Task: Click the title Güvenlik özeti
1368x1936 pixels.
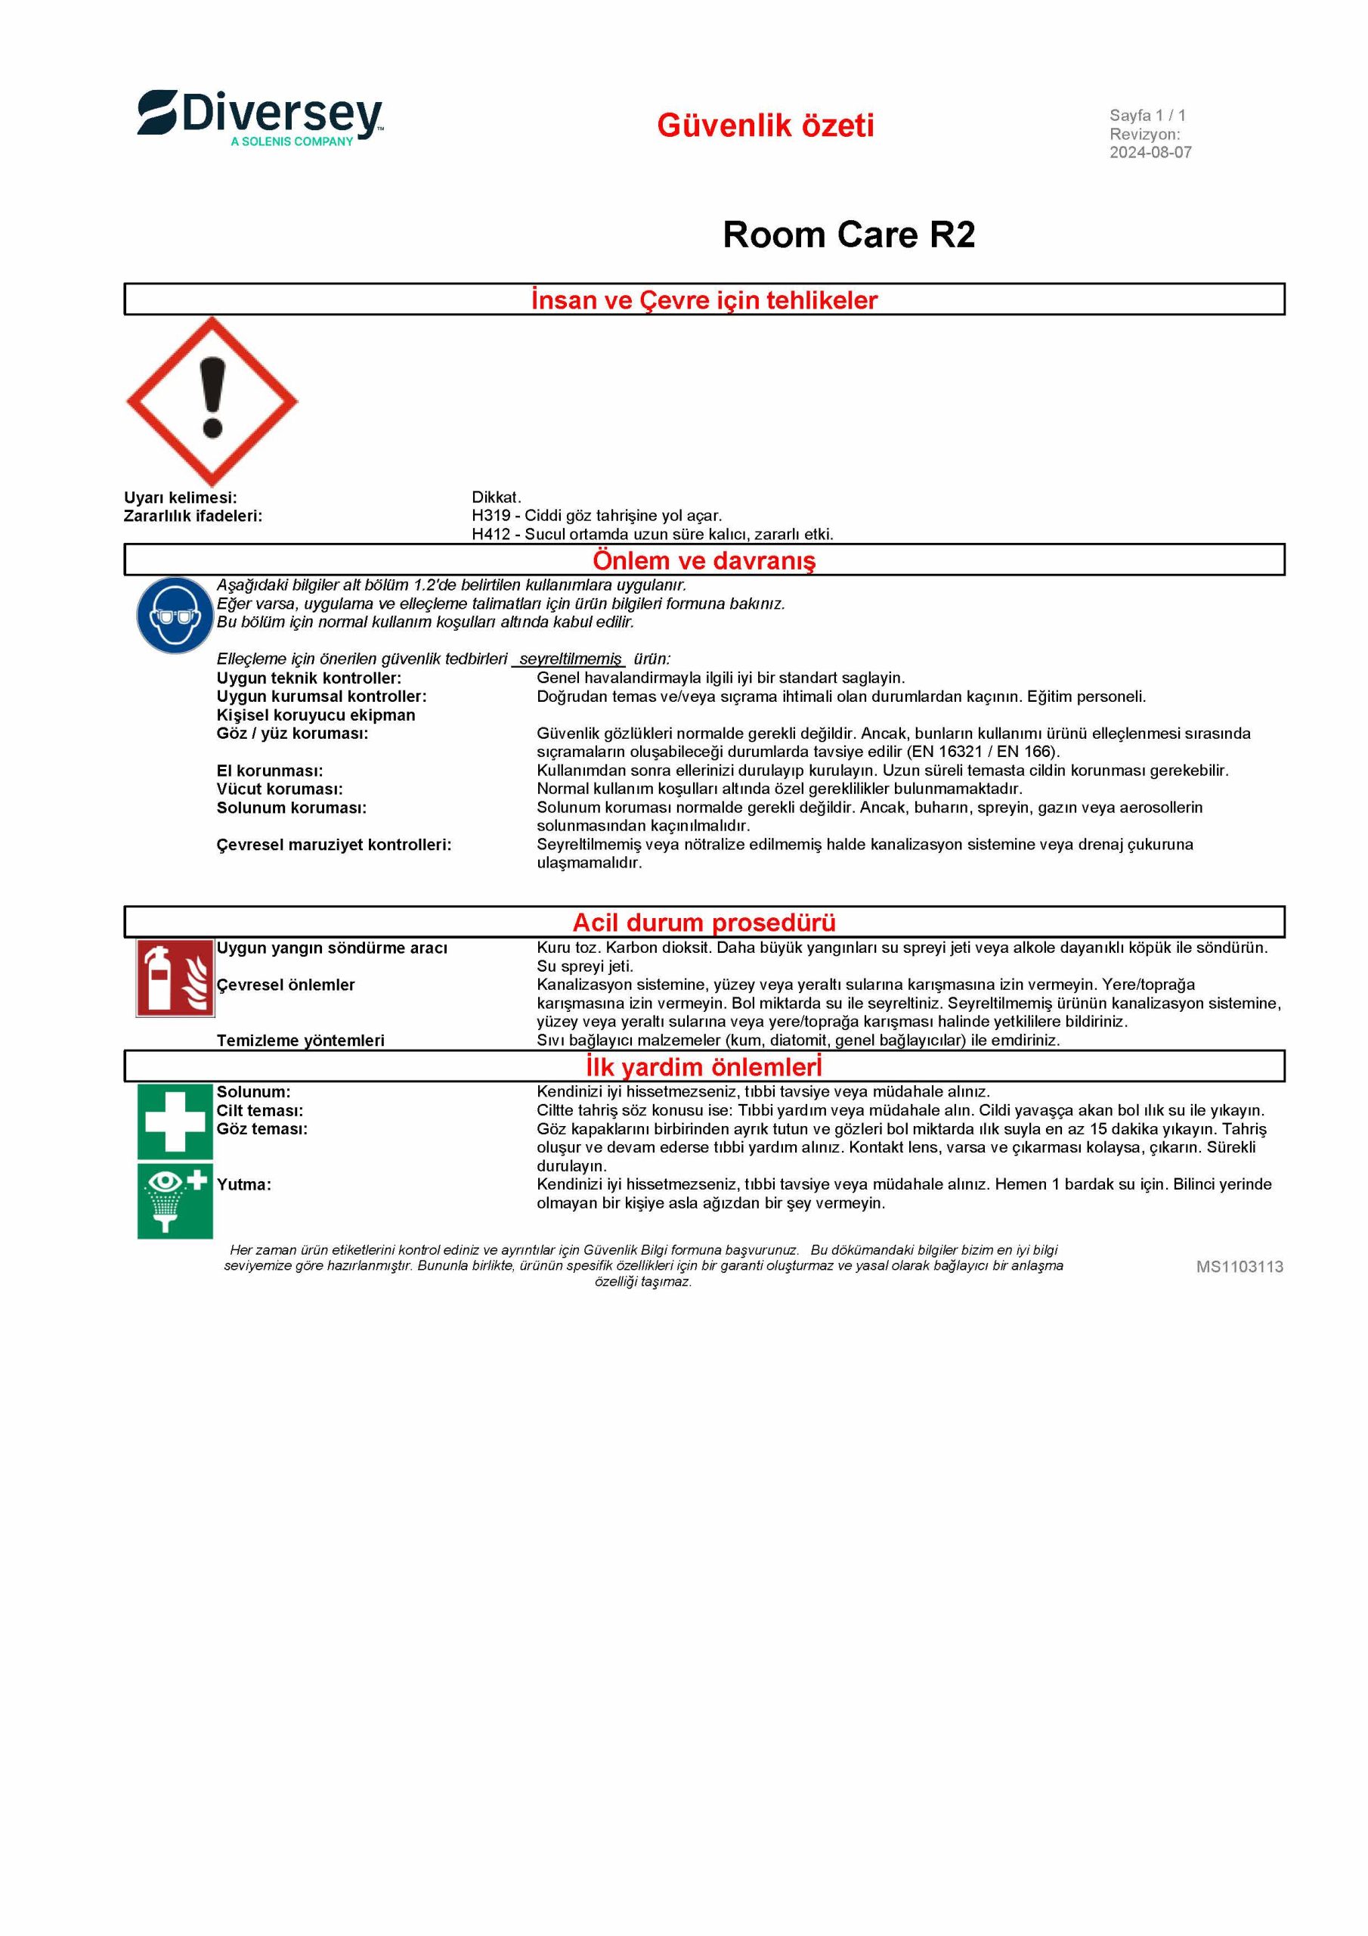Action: [x=766, y=126]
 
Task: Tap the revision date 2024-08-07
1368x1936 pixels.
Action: [x=1150, y=153]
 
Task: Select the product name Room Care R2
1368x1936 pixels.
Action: [x=848, y=234]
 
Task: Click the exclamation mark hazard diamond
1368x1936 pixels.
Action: [x=212, y=402]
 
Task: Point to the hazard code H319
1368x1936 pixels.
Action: [x=491, y=516]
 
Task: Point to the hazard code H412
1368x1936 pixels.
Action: [x=491, y=535]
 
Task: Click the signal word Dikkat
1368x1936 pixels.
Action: [x=497, y=498]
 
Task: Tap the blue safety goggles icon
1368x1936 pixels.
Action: [x=175, y=616]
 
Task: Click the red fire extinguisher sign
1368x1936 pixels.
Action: [x=175, y=978]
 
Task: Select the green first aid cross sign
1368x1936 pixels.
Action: [x=175, y=1121]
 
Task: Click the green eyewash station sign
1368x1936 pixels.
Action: [x=175, y=1201]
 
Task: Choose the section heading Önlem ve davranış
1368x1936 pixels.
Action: [x=704, y=560]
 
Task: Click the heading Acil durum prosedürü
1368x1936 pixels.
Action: [x=704, y=923]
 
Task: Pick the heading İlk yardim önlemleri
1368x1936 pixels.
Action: [x=704, y=1066]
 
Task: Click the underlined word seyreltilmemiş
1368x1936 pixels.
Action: [x=570, y=659]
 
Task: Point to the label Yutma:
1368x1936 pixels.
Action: [x=243, y=1185]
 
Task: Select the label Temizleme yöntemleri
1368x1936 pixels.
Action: [x=300, y=1041]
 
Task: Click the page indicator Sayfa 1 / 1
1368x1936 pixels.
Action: [x=1147, y=116]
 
